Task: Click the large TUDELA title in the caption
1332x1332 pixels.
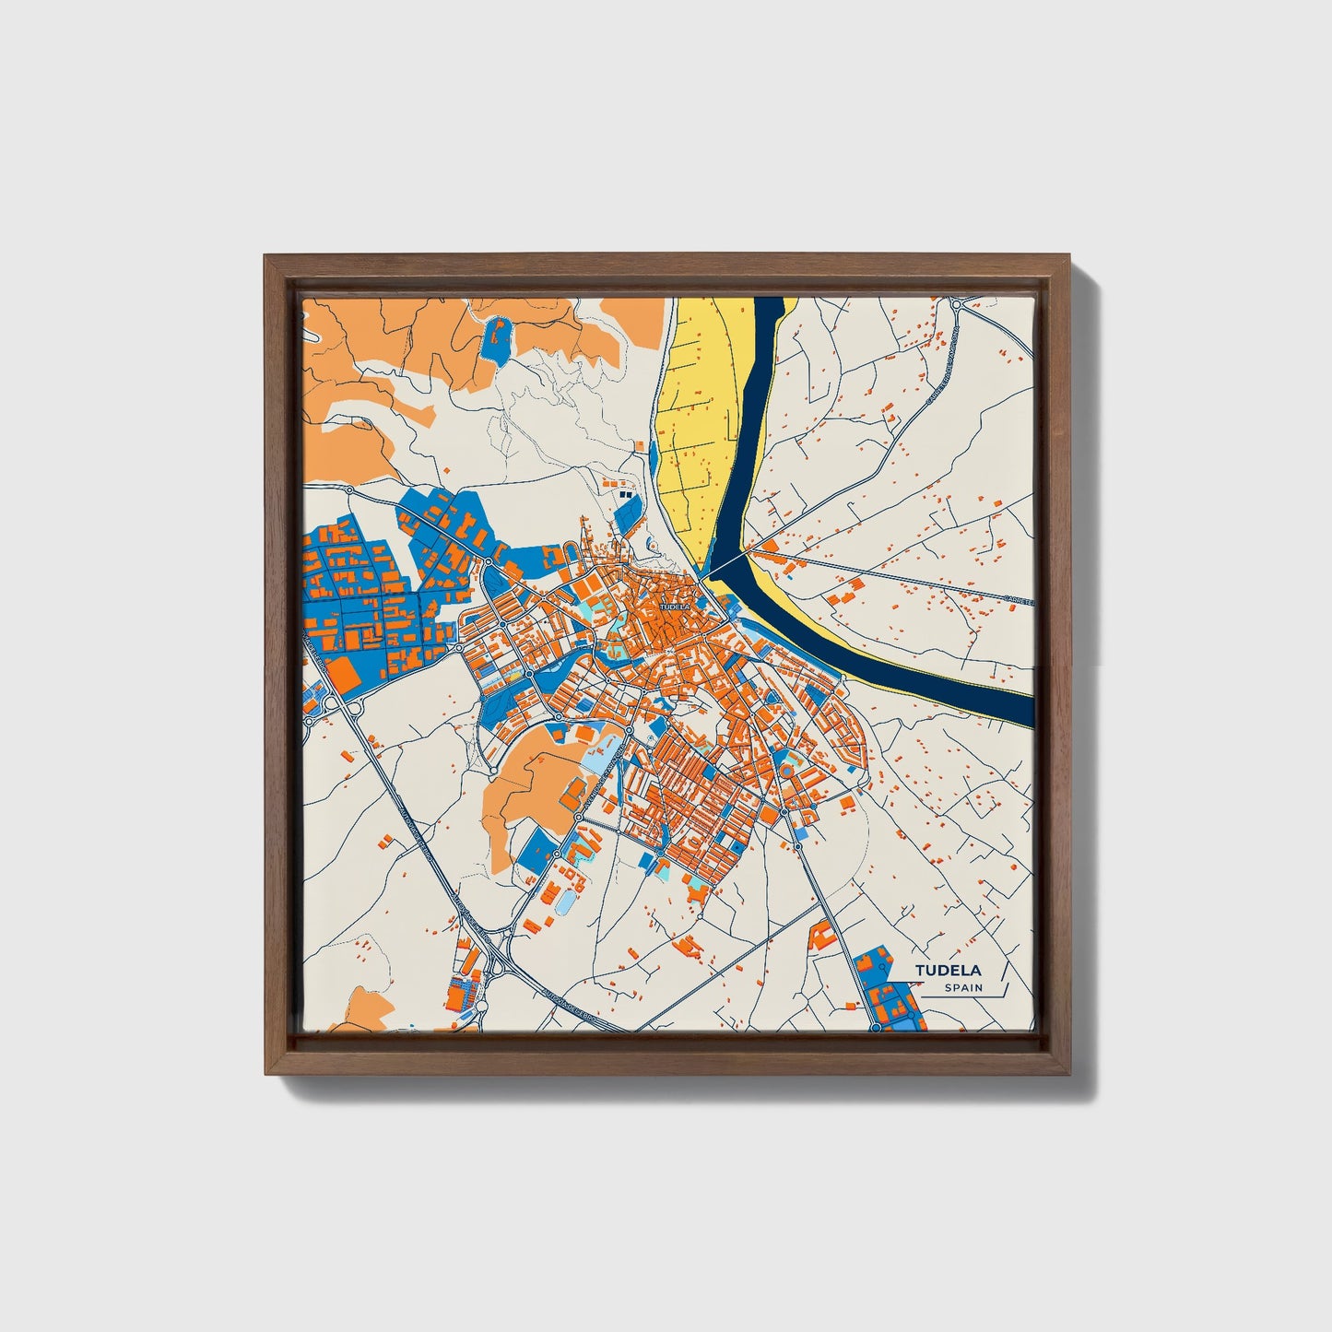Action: pos(949,970)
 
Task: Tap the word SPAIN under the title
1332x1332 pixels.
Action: pos(963,988)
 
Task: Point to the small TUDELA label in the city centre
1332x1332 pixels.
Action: pos(675,607)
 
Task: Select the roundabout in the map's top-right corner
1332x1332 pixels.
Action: pos(958,304)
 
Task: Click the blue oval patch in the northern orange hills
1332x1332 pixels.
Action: pos(496,339)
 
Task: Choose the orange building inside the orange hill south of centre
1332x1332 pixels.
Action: pos(572,791)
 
